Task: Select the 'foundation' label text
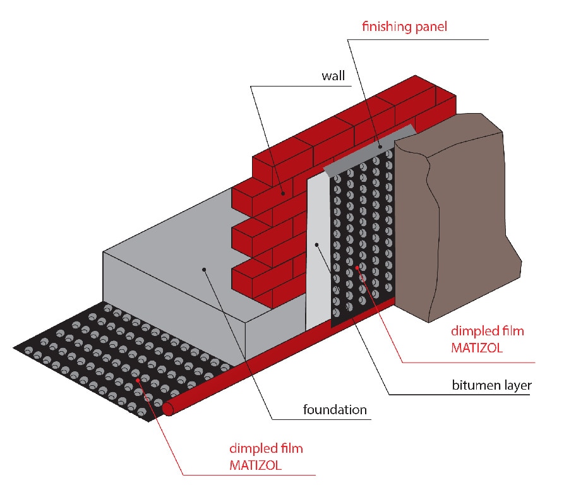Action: pyautogui.click(x=335, y=410)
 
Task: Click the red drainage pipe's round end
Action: pyautogui.click(x=168, y=409)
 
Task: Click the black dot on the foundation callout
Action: pyautogui.click(x=205, y=270)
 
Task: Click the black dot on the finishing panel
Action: pyautogui.click(x=381, y=146)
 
